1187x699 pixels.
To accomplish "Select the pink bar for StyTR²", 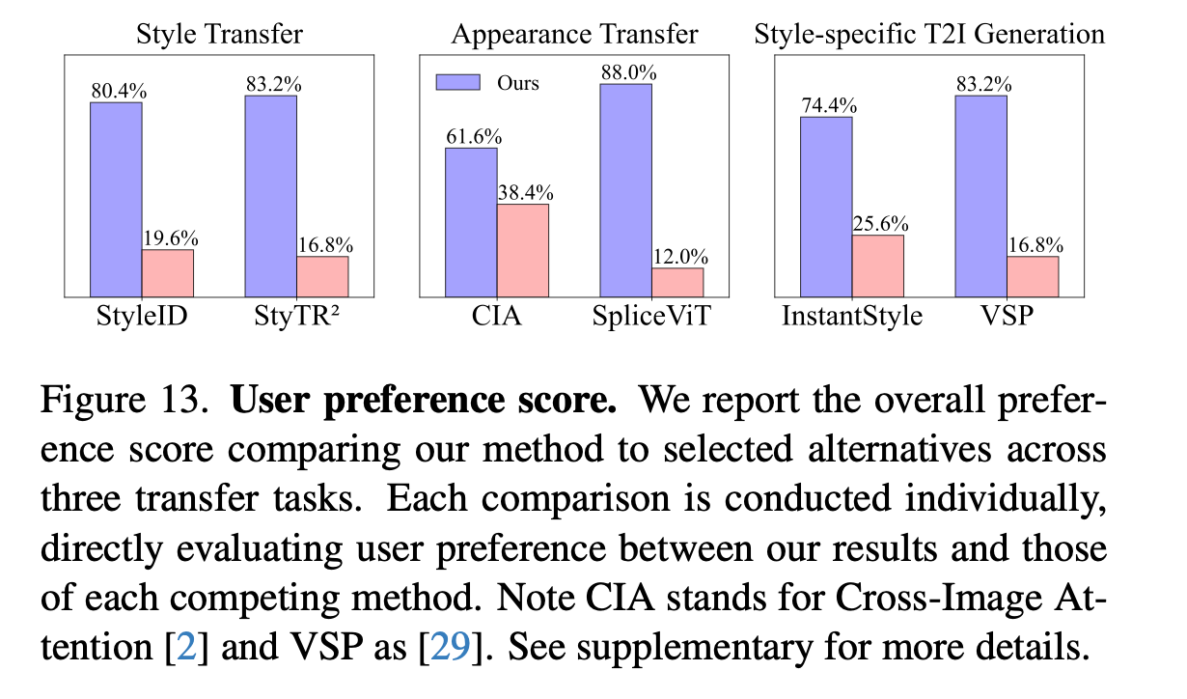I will tap(322, 277).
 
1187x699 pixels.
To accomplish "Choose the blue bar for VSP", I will tap(980, 196).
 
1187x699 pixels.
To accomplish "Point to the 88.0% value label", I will tap(626, 72).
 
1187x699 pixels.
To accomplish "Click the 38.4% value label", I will tap(523, 192).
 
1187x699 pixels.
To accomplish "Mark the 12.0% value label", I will tap(677, 257).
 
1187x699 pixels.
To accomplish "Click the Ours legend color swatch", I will tap(458, 83).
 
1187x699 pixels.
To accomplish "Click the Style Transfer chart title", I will tap(219, 35).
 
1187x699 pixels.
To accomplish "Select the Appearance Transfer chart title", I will tap(574, 35).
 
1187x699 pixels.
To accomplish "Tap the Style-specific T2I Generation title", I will tap(928, 35).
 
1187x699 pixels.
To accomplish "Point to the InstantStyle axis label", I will tap(851, 316).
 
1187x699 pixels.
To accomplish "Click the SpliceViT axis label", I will tap(651, 316).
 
